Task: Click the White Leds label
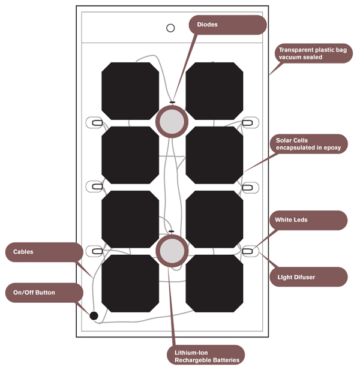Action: pyautogui.click(x=308, y=220)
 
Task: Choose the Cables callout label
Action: pyautogui.click(x=43, y=252)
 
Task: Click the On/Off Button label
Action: pyautogui.click(x=43, y=293)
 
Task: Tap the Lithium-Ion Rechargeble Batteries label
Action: pyautogui.click(x=205, y=356)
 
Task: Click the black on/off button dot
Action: pyautogui.click(x=94, y=315)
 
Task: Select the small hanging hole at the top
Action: pyautogui.click(x=170, y=28)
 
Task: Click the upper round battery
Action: pyautogui.click(x=172, y=122)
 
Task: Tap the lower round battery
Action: pyautogui.click(x=172, y=250)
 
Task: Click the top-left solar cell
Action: pyautogui.click(x=130, y=91)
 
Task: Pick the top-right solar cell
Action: pyautogui.click(x=214, y=91)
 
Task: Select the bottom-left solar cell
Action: pyautogui.click(x=130, y=283)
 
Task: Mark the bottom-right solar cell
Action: pyautogui.click(x=214, y=283)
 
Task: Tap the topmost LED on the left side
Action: pyautogui.click(x=95, y=123)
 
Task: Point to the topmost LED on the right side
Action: pyautogui.click(x=248, y=123)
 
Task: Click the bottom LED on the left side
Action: pyautogui.click(x=95, y=251)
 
